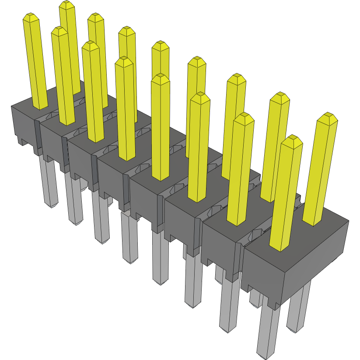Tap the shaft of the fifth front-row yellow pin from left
pos(161,131)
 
